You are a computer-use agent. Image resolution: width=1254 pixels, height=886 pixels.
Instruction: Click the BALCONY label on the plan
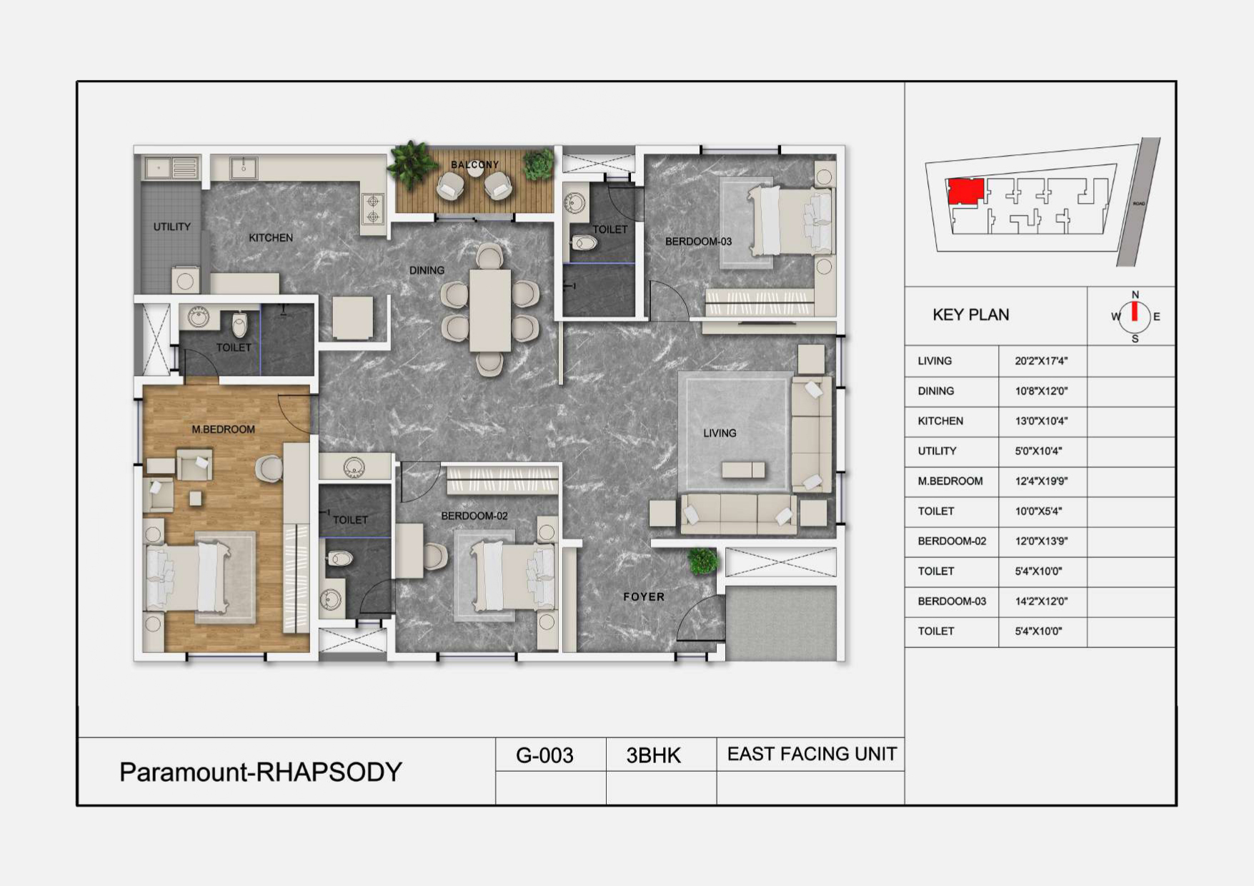point(474,164)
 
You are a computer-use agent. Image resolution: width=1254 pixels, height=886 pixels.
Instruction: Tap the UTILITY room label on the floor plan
point(172,227)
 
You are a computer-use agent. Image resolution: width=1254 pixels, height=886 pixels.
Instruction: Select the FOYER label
point(644,597)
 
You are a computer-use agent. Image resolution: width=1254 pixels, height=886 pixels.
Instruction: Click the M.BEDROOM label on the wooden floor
point(223,429)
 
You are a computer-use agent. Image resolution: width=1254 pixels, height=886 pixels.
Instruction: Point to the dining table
point(490,311)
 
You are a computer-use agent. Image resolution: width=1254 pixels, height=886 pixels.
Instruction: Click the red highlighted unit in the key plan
point(965,191)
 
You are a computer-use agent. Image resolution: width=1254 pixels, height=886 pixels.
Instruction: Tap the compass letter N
point(1135,294)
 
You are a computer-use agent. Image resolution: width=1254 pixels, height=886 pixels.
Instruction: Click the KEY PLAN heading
point(970,315)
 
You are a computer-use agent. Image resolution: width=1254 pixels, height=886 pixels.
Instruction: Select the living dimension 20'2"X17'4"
point(1041,361)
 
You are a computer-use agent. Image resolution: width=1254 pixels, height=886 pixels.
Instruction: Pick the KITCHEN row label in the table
point(940,421)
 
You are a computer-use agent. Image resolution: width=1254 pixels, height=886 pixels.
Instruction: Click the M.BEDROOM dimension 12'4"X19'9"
point(1041,481)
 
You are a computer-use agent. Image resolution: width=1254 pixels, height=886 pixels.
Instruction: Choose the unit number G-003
point(544,755)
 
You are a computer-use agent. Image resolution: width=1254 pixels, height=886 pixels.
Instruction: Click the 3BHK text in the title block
point(654,755)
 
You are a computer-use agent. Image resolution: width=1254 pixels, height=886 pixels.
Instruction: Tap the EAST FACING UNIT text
point(812,754)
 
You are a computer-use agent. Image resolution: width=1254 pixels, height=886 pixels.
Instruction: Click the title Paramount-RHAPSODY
point(261,772)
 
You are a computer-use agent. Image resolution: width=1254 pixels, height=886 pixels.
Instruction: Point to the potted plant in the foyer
point(702,561)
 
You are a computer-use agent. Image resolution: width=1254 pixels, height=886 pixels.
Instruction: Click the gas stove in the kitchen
point(373,209)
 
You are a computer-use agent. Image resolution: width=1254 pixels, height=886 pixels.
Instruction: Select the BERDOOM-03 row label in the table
point(952,601)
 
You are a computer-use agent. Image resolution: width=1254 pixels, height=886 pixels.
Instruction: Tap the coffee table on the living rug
point(743,469)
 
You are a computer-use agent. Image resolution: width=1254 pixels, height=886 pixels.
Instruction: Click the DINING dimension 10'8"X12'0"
point(1041,391)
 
